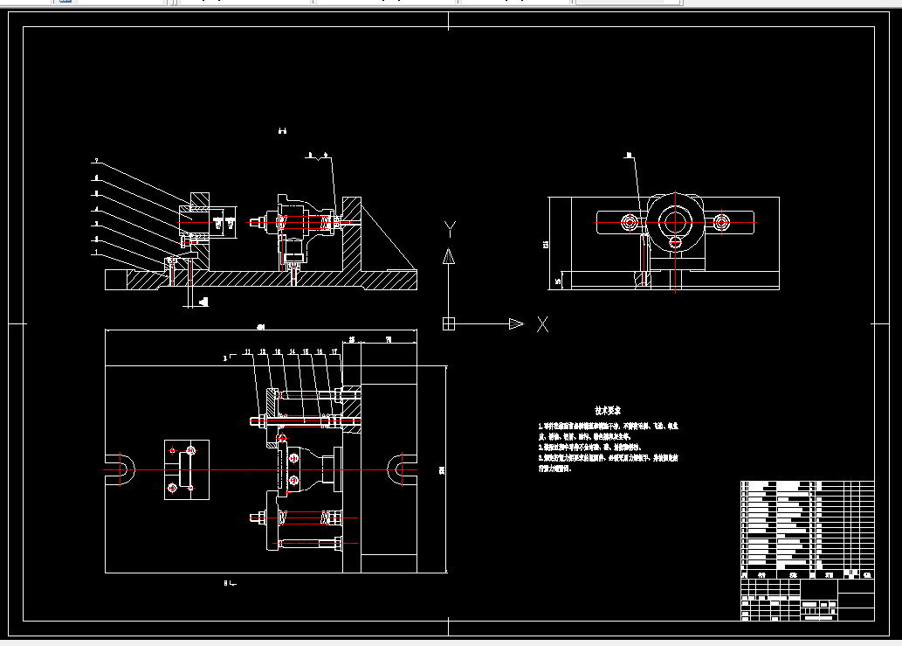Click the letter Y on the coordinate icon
(x=450, y=230)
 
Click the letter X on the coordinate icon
(x=542, y=324)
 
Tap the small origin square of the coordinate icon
(x=449, y=323)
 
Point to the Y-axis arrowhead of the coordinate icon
(x=449, y=256)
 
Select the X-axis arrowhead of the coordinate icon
(x=515, y=323)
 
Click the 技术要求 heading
(x=608, y=410)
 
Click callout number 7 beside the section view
(x=96, y=162)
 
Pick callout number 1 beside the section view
(x=96, y=253)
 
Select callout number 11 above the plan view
(x=248, y=351)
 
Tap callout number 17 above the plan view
(x=334, y=351)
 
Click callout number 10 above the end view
(x=628, y=156)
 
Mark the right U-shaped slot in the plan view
(x=398, y=469)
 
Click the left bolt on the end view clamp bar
(x=628, y=223)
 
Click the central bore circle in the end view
(x=674, y=222)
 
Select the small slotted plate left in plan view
(x=187, y=469)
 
